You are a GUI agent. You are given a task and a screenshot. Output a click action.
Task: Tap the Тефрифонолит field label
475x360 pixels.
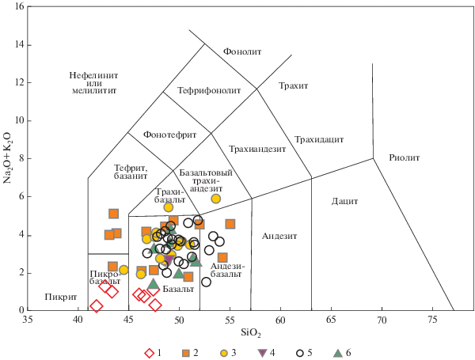point(209,90)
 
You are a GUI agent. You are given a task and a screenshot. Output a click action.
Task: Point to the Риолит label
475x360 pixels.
point(405,157)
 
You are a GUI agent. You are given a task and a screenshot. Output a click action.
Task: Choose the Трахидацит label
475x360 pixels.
point(319,139)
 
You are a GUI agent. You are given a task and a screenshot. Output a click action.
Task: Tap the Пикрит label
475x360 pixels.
point(50,297)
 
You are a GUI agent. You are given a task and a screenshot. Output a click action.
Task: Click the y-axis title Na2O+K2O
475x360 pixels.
point(9,158)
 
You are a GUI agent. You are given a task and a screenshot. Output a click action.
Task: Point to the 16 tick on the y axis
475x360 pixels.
point(19,6)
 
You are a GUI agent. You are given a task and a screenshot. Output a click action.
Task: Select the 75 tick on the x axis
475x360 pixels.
point(432,320)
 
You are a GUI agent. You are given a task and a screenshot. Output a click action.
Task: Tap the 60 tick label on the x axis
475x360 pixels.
point(280,320)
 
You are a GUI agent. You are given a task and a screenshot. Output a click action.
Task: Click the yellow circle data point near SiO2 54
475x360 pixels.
point(216,199)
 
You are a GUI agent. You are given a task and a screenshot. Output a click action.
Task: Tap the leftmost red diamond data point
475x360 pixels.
point(97,306)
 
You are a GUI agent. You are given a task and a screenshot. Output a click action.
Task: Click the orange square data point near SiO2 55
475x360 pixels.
point(230,224)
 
